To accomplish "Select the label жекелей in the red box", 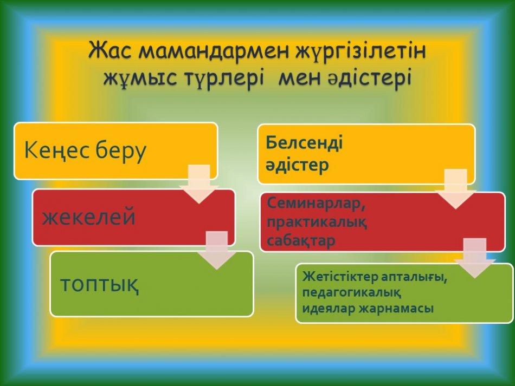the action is [89, 217].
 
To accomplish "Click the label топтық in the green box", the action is [100, 284].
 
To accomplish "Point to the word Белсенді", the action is [304, 143].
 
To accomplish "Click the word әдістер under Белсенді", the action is [297, 165].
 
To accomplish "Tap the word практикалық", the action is [317, 222].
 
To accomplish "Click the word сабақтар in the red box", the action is [301, 240].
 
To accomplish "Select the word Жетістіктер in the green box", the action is [340, 277].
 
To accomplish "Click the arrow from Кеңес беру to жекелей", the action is [199, 184].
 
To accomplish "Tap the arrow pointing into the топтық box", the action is [217, 250].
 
